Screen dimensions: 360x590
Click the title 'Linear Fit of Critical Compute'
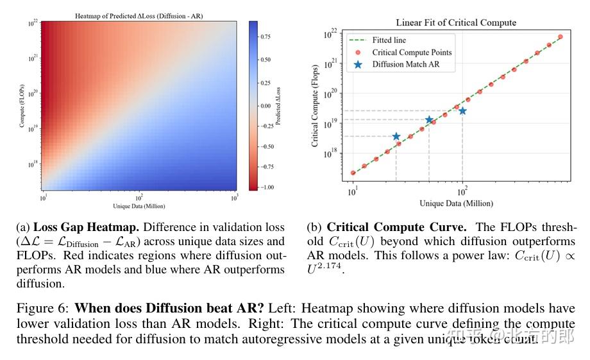455,23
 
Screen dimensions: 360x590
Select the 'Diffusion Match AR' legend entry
414,64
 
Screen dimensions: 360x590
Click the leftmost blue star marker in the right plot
396,137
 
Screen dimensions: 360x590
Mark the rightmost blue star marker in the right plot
462,111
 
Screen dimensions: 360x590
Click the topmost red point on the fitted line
560,37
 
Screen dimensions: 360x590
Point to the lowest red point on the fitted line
353,173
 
